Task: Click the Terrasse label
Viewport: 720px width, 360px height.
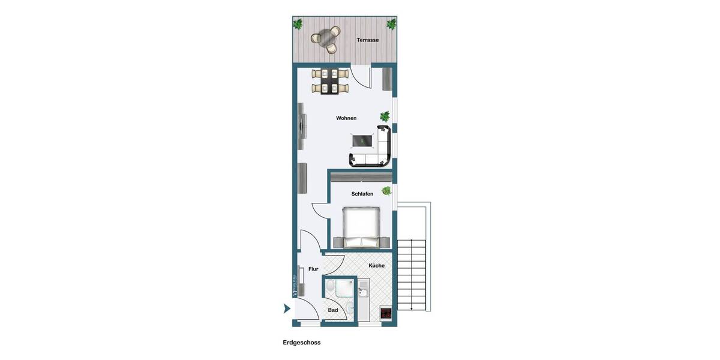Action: [368, 40]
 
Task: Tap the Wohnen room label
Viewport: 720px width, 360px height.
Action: [346, 118]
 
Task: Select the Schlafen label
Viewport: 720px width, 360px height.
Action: [362, 194]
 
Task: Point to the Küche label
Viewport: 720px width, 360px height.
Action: [377, 265]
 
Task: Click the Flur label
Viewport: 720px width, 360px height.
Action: [313, 269]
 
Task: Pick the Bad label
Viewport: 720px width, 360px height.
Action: [333, 310]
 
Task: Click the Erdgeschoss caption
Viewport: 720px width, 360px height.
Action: [302, 343]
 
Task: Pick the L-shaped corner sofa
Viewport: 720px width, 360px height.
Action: [378, 150]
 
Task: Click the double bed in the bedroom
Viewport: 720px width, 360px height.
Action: [361, 226]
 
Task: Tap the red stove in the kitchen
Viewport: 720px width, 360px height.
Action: [386, 313]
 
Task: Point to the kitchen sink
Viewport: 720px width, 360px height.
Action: [364, 292]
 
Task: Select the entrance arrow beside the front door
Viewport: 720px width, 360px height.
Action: [287, 309]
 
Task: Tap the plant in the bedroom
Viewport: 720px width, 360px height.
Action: [387, 191]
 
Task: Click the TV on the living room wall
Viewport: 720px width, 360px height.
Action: [301, 127]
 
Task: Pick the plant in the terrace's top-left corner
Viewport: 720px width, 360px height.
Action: [298, 24]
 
